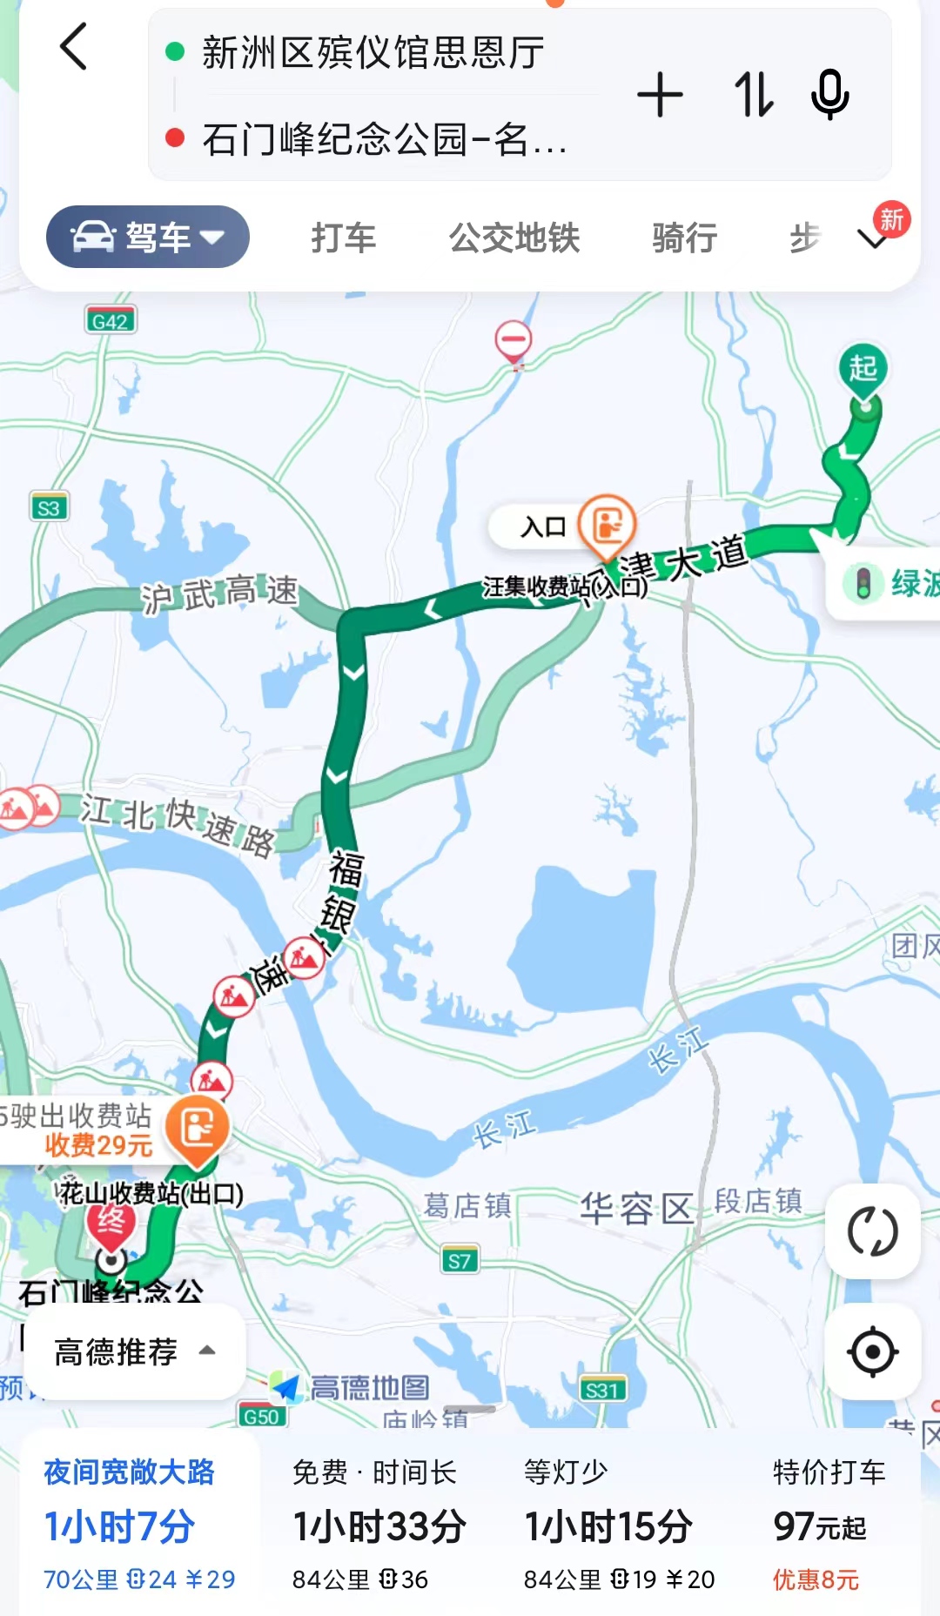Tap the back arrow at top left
(x=74, y=47)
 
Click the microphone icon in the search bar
(x=829, y=94)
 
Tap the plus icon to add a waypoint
(x=660, y=94)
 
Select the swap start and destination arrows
(x=753, y=94)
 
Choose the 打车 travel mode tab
(x=344, y=238)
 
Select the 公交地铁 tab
(x=514, y=238)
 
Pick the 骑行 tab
(x=685, y=238)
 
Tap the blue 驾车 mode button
(x=148, y=237)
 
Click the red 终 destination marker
(x=111, y=1223)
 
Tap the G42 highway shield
(x=111, y=321)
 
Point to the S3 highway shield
(x=49, y=507)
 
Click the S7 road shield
(x=460, y=1261)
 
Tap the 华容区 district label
(x=636, y=1208)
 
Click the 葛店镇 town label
(x=467, y=1206)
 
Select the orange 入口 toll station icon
(x=608, y=525)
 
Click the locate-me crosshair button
(x=872, y=1351)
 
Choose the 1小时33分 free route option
(x=379, y=1525)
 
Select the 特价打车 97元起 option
(x=828, y=1525)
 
